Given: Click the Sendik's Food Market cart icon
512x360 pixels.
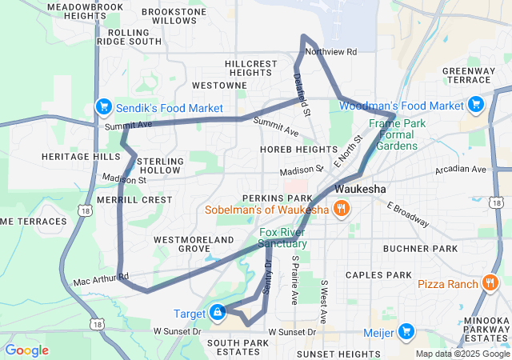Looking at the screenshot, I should click(x=103, y=106).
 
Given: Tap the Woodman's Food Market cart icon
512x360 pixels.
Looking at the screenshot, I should click(x=476, y=105).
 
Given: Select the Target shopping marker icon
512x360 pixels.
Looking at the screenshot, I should click(x=217, y=312).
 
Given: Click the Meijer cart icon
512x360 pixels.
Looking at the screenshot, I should click(x=407, y=330).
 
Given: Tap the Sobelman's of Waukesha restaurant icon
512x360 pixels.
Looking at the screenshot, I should click(x=342, y=210).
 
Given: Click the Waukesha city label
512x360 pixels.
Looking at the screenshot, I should click(x=360, y=189).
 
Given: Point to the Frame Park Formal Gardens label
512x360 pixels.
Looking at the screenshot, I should click(x=392, y=134).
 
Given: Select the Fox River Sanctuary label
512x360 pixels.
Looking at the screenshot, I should click(x=282, y=238).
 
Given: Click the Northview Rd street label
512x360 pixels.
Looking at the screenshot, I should click(x=330, y=52).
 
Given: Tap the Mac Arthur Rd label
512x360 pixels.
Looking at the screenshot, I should click(x=101, y=280).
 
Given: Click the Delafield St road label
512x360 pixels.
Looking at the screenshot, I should click(x=301, y=91).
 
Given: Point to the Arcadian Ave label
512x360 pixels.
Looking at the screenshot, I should click(x=461, y=170).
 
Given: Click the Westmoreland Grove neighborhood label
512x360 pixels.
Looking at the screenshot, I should click(x=194, y=244).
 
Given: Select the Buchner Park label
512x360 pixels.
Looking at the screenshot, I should click(x=420, y=249).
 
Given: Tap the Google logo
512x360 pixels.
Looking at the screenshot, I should click(x=26, y=350).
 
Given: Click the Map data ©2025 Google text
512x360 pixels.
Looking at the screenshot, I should click(x=462, y=354).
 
